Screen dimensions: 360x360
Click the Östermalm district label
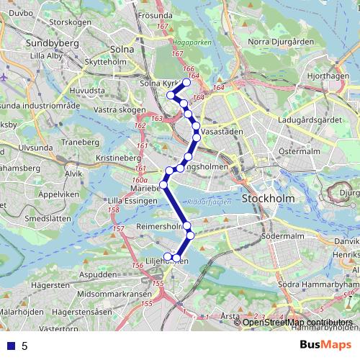point(284,152)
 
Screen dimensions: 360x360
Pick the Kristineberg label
point(117,157)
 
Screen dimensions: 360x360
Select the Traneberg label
point(80,143)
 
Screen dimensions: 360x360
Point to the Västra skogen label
point(115,110)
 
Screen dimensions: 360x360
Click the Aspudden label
point(99,276)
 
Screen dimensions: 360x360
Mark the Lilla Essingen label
point(127,201)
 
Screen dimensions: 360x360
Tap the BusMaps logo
point(325,345)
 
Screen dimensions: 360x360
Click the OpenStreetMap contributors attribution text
point(297,322)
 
